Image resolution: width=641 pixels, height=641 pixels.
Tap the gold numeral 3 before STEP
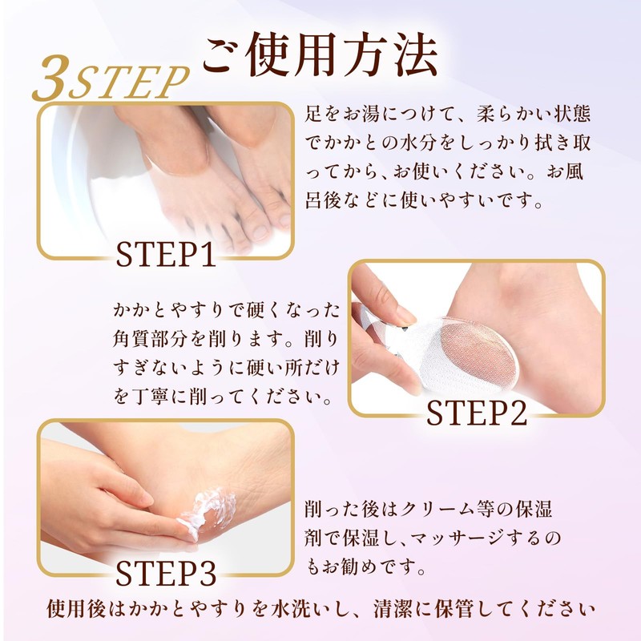tap(50, 78)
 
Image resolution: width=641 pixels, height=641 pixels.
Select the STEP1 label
tap(166, 254)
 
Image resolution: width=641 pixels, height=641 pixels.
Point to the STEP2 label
tap(476, 413)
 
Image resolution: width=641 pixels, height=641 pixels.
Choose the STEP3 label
tap(166, 572)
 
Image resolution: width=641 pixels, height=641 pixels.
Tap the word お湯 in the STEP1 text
tap(362, 114)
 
